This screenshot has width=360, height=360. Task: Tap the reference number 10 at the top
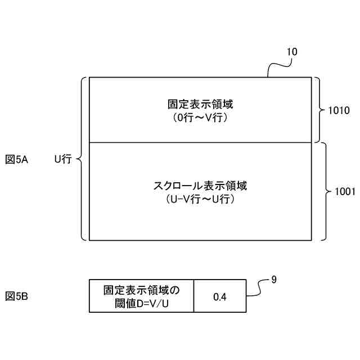coord(292,52)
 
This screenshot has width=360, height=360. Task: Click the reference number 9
coord(273,278)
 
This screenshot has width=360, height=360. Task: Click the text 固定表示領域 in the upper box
coord(200,104)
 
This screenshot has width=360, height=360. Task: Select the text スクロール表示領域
coord(200,185)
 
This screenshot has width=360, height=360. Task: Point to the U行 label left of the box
coord(62,160)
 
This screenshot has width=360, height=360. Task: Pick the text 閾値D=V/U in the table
coord(141,303)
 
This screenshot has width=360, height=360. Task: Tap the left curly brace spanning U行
coord(82,160)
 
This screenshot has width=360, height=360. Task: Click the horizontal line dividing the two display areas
coord(200,142)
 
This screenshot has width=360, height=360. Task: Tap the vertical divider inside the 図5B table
coord(194,296)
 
